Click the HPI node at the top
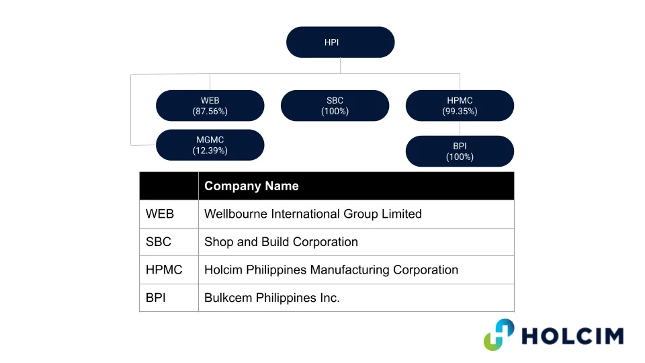(340, 42)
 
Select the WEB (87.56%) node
(210, 106)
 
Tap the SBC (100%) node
(335, 106)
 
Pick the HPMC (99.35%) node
(460, 106)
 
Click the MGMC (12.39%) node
(210, 145)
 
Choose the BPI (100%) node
(460, 151)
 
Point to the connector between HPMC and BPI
(460, 128)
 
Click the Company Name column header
(251, 186)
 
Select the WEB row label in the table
(160, 214)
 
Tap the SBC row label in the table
(159, 242)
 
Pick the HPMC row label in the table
(164, 270)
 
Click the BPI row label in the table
(155, 298)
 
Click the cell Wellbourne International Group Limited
(313, 214)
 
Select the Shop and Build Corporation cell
(281, 242)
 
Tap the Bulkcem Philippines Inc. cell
(272, 298)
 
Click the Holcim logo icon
(499, 335)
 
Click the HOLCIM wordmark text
(572, 336)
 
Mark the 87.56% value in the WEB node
(210, 111)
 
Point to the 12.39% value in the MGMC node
(210, 151)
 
